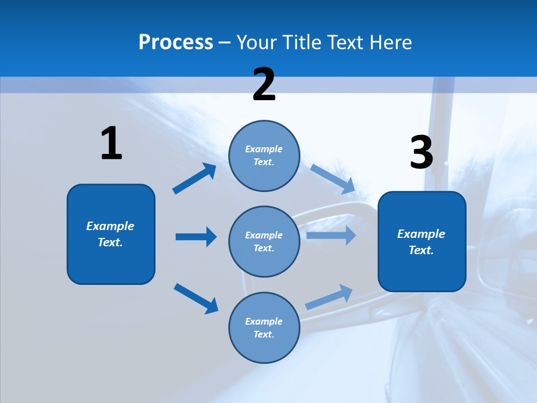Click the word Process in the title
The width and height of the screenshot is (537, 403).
[x=176, y=42]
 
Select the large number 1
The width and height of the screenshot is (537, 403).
[x=111, y=144]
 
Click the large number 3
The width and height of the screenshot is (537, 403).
[x=421, y=152]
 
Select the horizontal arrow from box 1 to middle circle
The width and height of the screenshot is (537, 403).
[x=196, y=237]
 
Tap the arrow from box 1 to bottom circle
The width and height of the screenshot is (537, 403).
[x=196, y=298]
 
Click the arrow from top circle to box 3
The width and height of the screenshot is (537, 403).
[x=332, y=179]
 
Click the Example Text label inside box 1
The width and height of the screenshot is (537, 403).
[x=110, y=234]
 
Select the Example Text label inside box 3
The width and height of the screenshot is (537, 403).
[x=421, y=242]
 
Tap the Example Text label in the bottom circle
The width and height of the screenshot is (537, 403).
[x=264, y=327]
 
